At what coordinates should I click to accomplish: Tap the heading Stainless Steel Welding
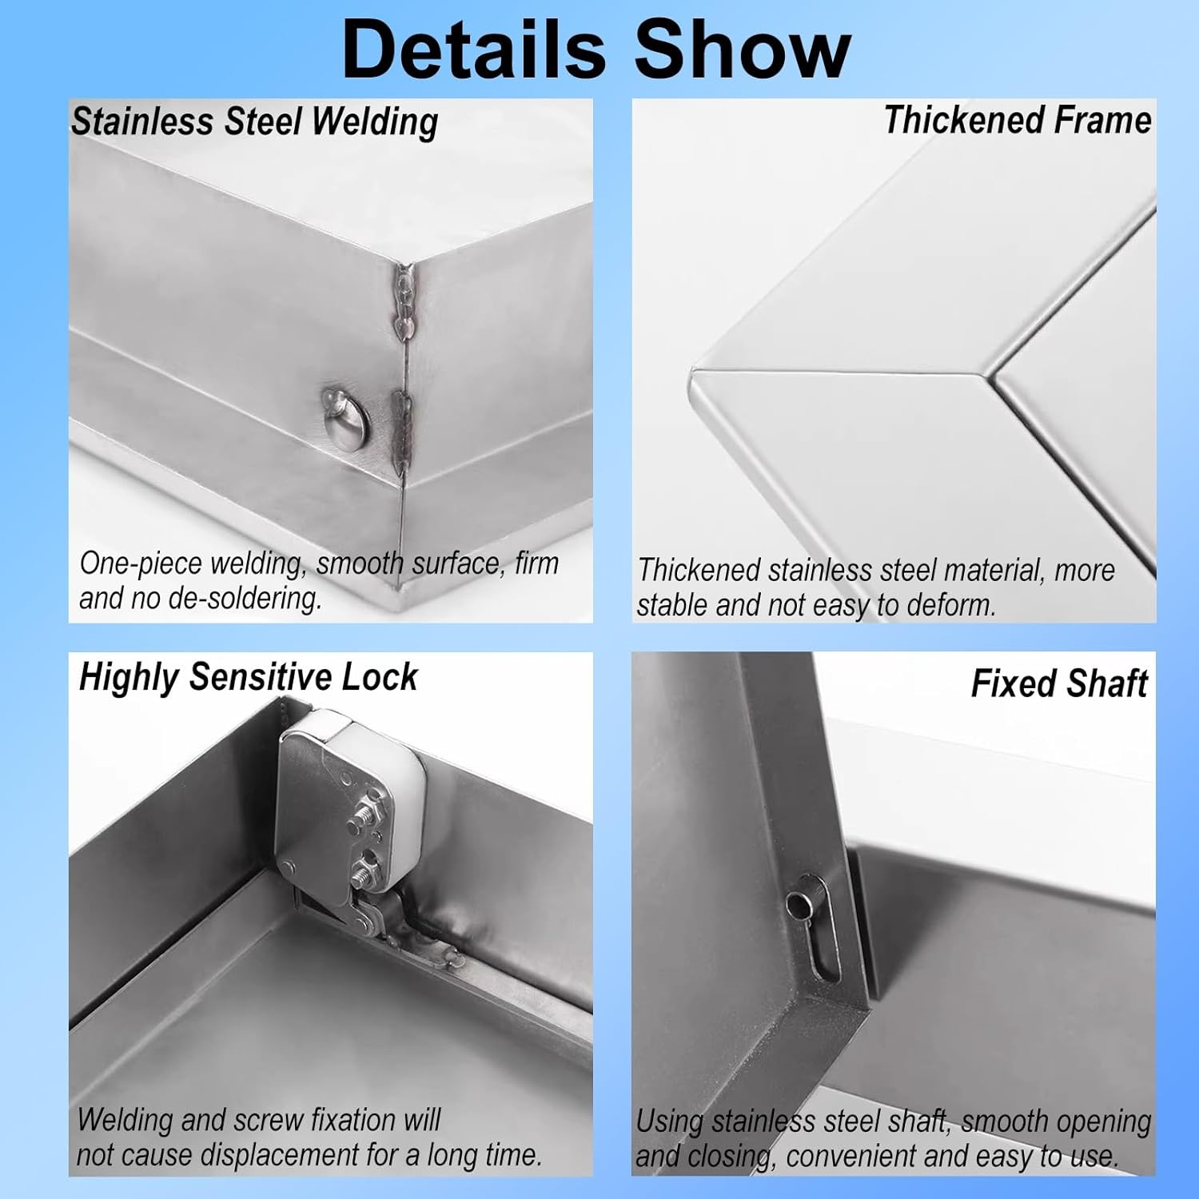[254, 121]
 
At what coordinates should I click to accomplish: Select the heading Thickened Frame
[1017, 121]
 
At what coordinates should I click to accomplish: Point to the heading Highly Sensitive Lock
[248, 677]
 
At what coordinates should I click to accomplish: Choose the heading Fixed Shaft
[1059, 683]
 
